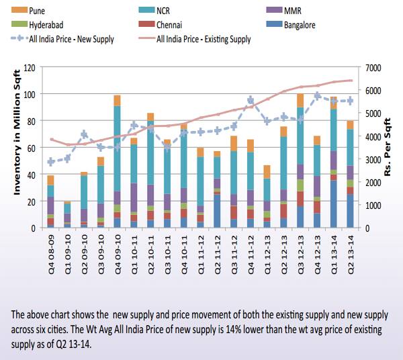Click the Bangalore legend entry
coord(302,26)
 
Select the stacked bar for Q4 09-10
coord(117,162)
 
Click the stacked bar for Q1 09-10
coord(67,214)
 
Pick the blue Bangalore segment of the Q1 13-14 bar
coord(333,204)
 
